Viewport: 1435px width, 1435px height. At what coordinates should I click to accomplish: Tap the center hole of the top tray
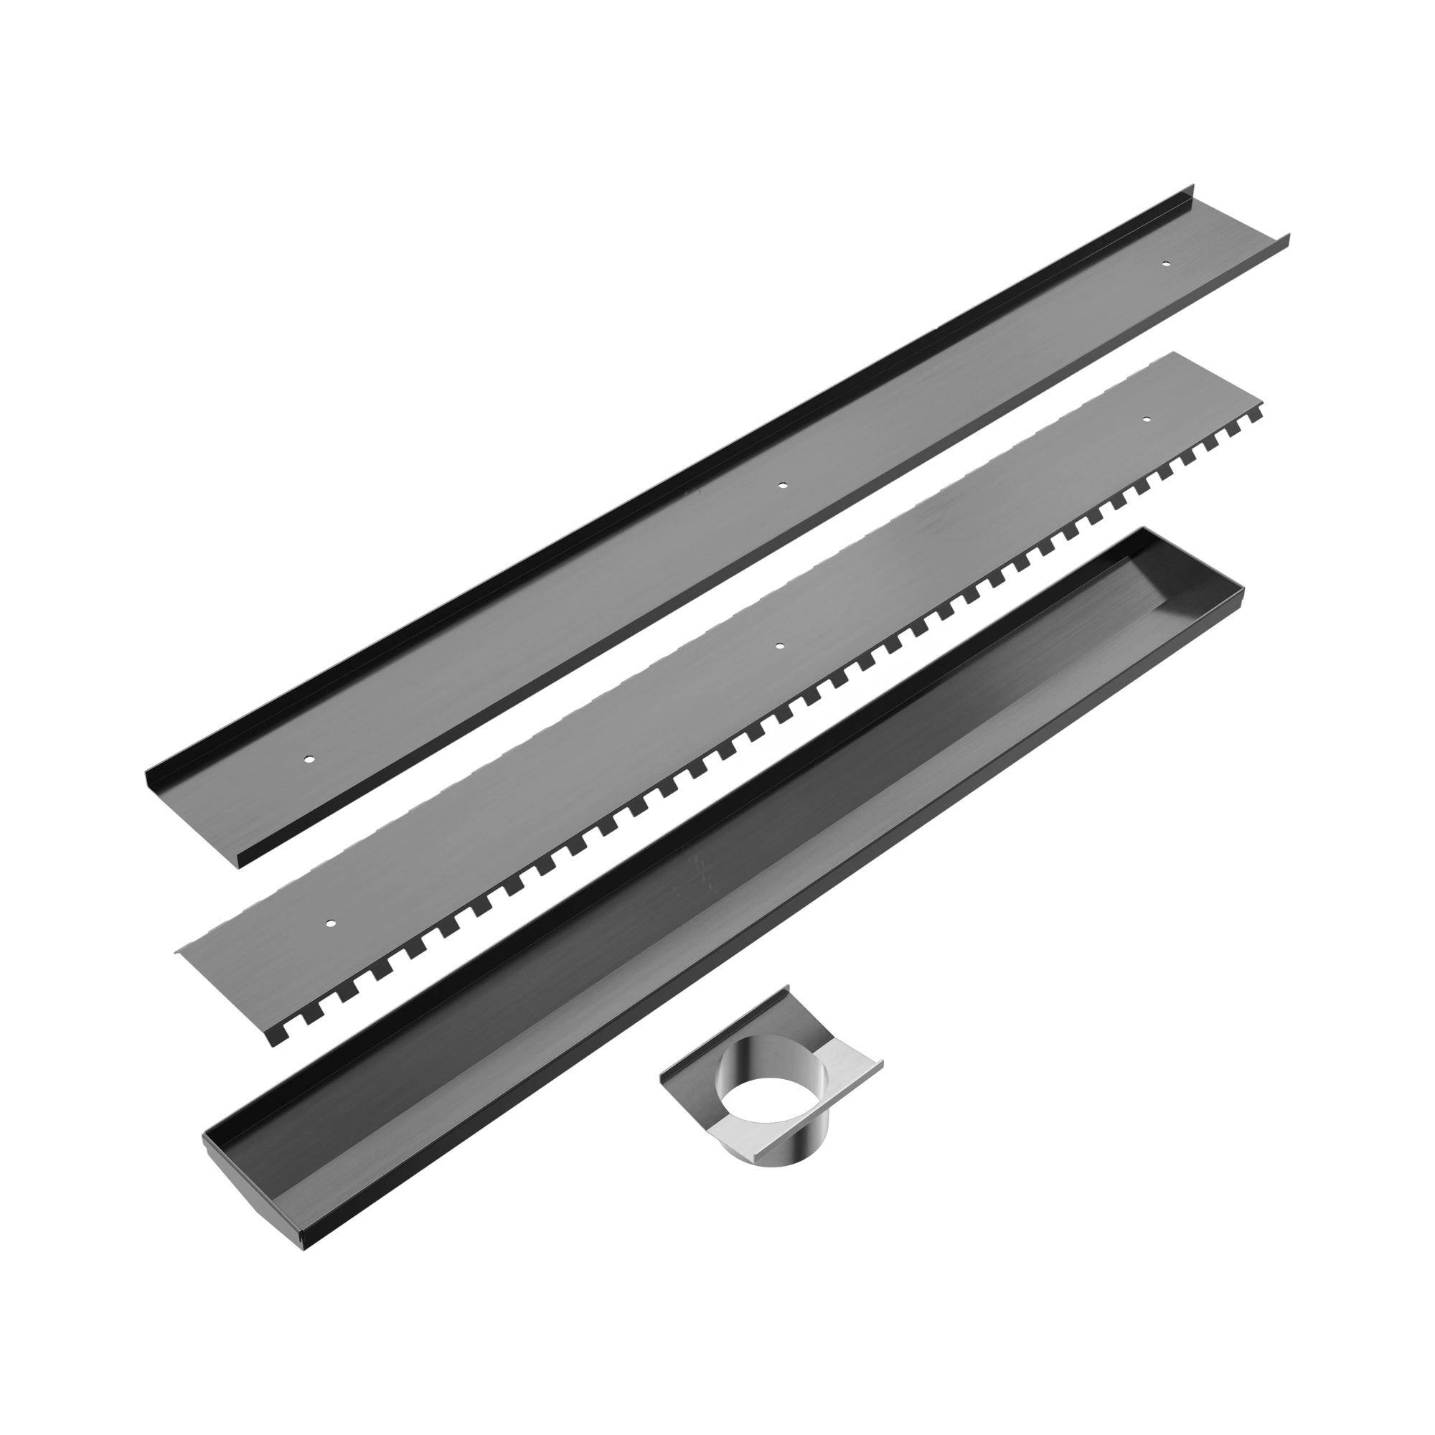(x=781, y=486)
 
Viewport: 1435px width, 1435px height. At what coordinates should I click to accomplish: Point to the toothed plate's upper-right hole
(x=1146, y=420)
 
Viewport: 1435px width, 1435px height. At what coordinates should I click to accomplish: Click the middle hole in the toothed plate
(x=778, y=646)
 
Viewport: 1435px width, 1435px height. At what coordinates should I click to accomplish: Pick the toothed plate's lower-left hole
(x=330, y=924)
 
